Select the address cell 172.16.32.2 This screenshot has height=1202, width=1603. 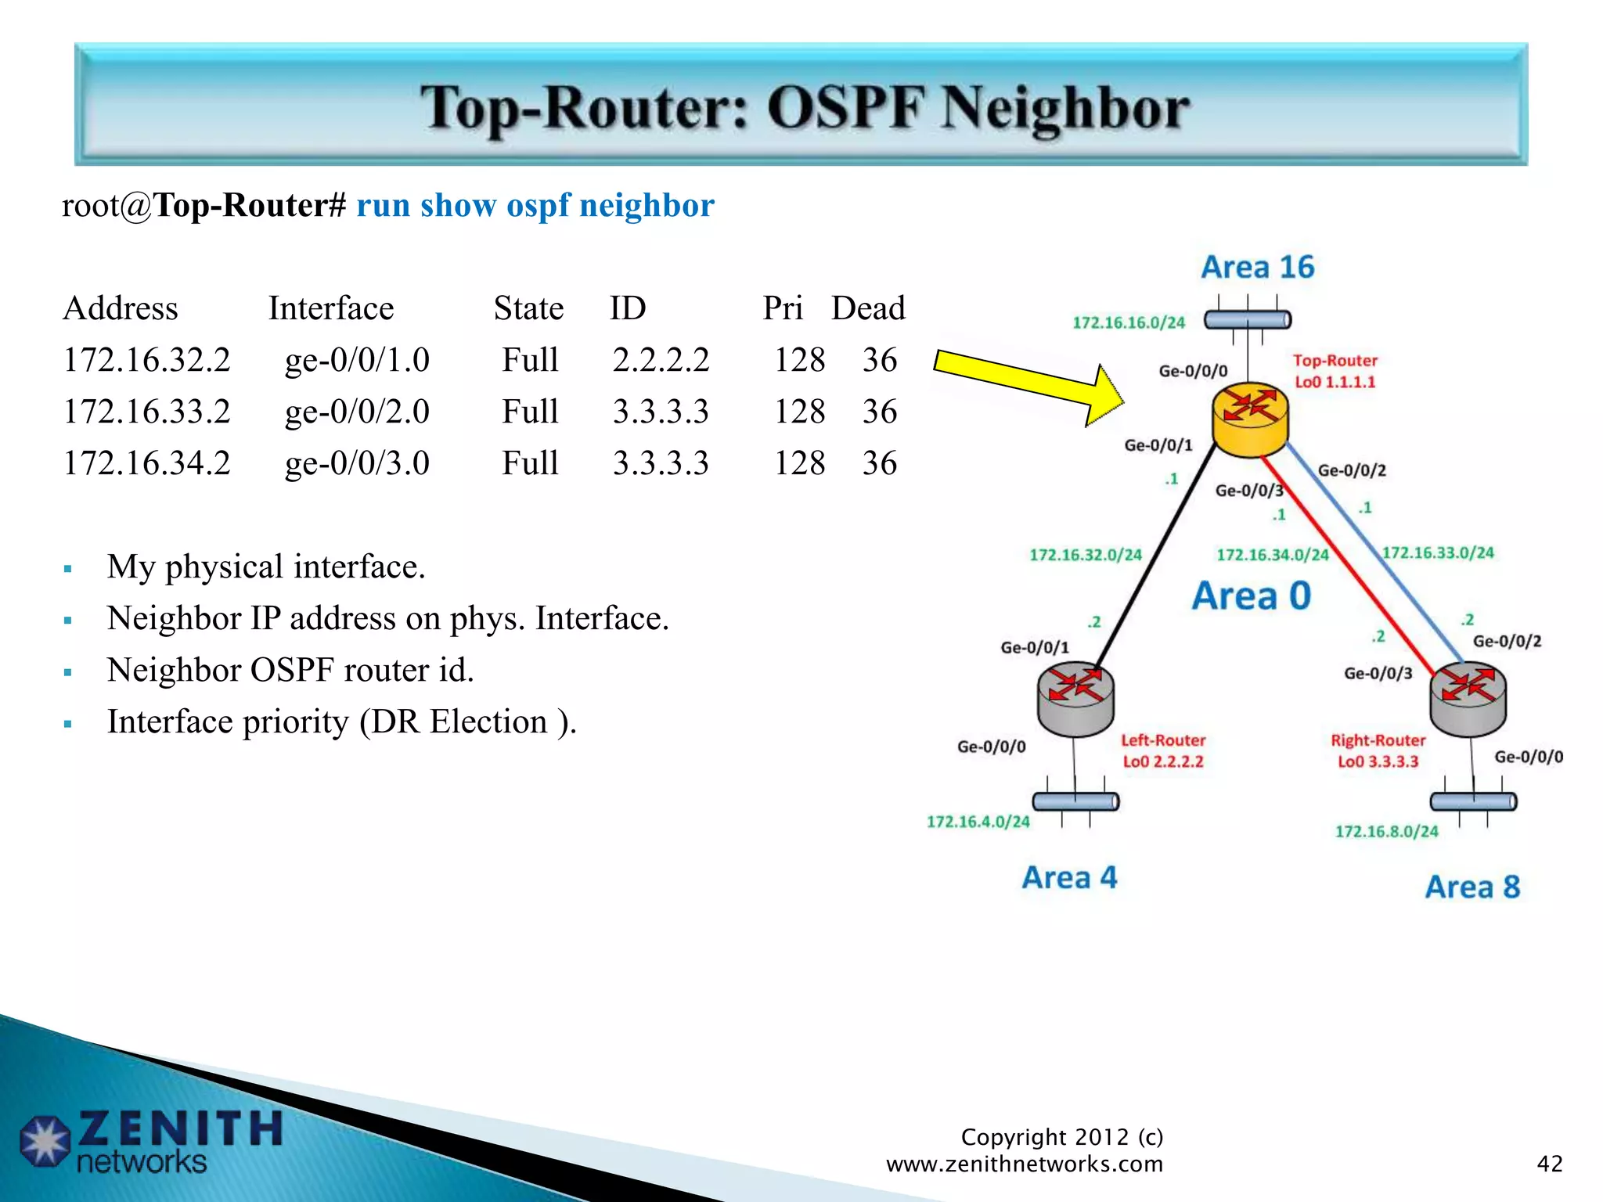pyautogui.click(x=147, y=360)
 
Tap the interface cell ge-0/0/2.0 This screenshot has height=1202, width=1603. pyautogui.click(x=357, y=412)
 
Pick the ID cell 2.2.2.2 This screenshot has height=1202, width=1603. pyautogui.click(x=661, y=360)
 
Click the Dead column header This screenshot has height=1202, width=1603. pyautogui.click(x=867, y=308)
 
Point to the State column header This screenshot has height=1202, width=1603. pyautogui.click(x=528, y=308)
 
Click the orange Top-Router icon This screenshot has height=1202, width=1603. pyautogui.click(x=1250, y=421)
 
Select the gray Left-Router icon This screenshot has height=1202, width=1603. pyautogui.click(x=1075, y=699)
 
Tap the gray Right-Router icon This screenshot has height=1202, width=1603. pyautogui.click(x=1468, y=699)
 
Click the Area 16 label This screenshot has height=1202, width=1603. pyautogui.click(x=1258, y=268)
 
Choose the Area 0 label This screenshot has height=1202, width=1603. pyautogui.click(x=1252, y=596)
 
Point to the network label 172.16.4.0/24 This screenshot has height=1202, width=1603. pyautogui.click(x=978, y=822)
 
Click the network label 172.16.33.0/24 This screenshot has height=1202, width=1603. pyautogui.click(x=1438, y=553)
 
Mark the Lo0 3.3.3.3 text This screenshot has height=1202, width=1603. pyautogui.click(x=1378, y=761)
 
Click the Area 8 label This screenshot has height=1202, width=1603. pyautogui.click(x=1472, y=887)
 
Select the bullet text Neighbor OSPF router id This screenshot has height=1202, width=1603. pyautogui.click(x=290, y=671)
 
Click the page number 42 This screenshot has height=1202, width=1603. pyautogui.click(x=1549, y=1164)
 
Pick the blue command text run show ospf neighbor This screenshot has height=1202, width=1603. pyautogui.click(x=535, y=206)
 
